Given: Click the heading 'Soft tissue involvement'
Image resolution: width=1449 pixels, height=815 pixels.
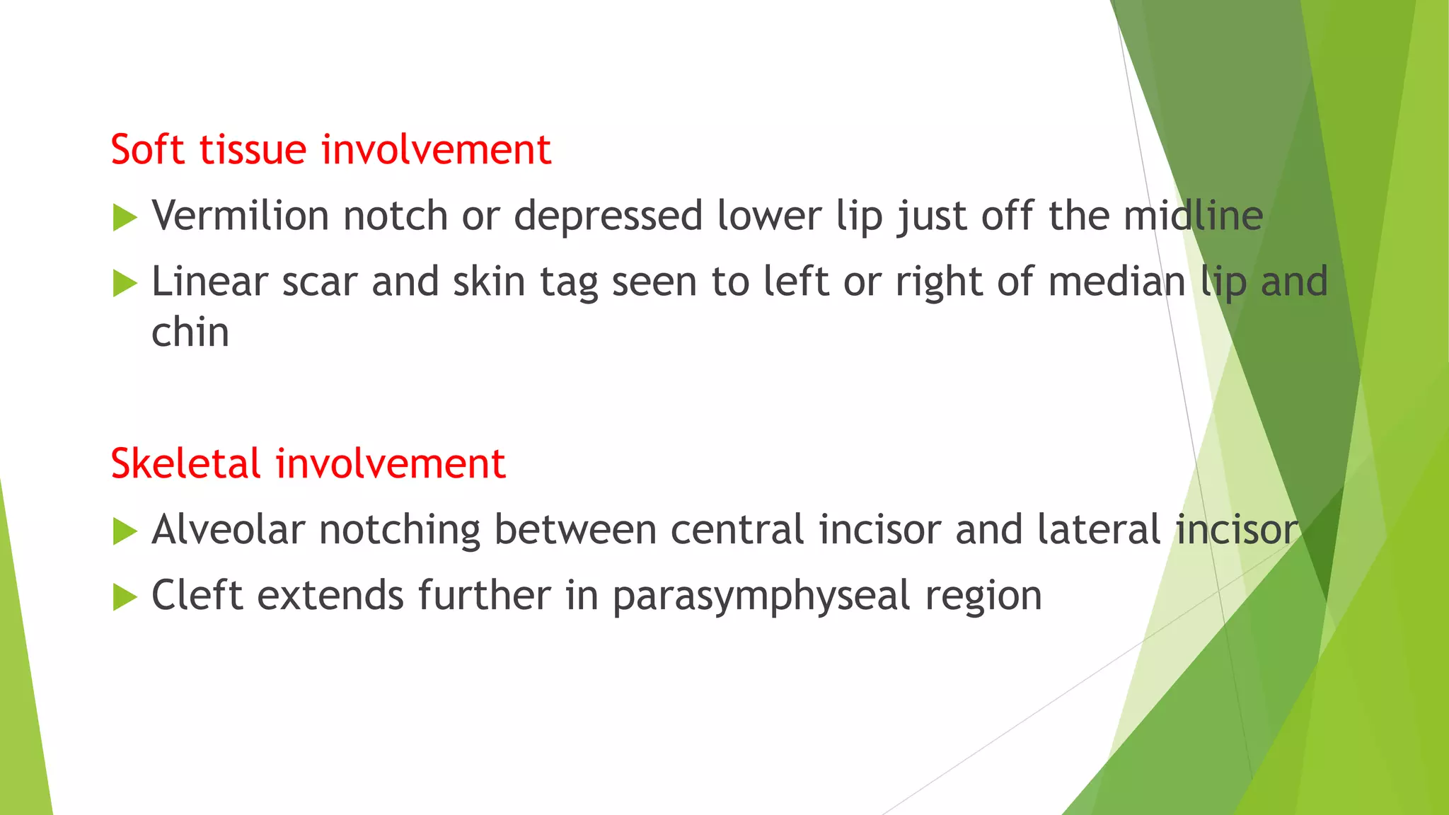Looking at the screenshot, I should [330, 150].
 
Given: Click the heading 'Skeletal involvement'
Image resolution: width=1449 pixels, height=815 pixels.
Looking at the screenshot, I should [308, 464].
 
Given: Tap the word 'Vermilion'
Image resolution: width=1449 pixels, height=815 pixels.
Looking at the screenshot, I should [240, 215].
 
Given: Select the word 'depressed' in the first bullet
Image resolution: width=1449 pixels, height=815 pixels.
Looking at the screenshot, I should [608, 216].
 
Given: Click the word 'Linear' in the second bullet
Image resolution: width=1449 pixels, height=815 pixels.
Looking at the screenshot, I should [209, 282].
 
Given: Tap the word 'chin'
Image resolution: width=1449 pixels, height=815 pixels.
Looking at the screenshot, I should [190, 332].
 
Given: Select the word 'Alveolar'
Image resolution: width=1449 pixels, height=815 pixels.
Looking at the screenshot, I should [229, 529].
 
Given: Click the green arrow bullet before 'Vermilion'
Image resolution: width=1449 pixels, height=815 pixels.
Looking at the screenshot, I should [125, 218].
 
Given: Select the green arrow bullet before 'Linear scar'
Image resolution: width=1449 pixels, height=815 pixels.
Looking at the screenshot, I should [125, 284].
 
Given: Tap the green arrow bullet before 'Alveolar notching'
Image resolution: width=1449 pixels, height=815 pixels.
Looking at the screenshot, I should [125, 532].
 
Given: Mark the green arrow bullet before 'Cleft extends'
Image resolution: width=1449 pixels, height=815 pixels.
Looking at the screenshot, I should [125, 598].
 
